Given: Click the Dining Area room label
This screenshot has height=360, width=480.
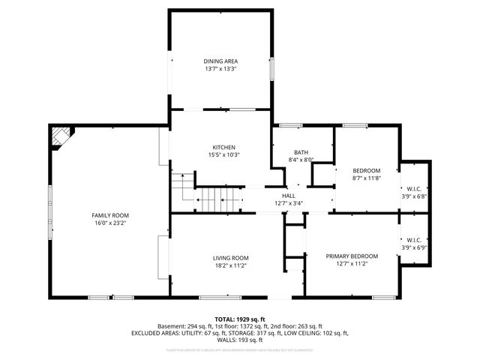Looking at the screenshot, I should pos(220,61).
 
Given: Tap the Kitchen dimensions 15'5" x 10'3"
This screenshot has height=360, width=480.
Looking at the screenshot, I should pos(224,154).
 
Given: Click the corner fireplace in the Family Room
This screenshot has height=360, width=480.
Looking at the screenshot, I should pos(60,136).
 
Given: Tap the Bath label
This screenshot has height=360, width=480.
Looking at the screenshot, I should pos(301,151).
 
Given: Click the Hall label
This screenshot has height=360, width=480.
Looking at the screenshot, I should pos(288,195).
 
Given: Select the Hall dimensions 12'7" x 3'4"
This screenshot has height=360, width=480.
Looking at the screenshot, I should pos(288,202).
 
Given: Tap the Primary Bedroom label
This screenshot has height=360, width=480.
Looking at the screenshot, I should pos(352,256).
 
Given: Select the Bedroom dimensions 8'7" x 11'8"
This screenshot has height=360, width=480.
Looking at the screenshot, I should pos(367,178).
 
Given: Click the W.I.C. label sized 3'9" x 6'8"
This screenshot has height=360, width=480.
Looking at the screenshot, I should pos(414,188).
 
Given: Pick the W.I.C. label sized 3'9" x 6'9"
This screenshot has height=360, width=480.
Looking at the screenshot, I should pos(414,240).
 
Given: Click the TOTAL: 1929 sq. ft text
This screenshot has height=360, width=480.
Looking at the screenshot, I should pos(240,319).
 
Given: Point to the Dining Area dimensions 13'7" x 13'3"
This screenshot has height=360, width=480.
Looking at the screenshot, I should pos(220,68).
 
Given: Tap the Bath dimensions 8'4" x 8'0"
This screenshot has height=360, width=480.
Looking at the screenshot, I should pos(301,159).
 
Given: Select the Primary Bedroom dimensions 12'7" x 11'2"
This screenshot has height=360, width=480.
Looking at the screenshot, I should pos(352,264).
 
